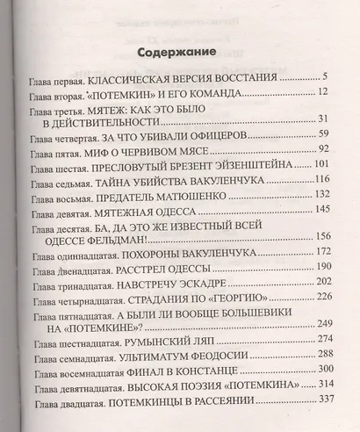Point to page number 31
click(322, 119)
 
